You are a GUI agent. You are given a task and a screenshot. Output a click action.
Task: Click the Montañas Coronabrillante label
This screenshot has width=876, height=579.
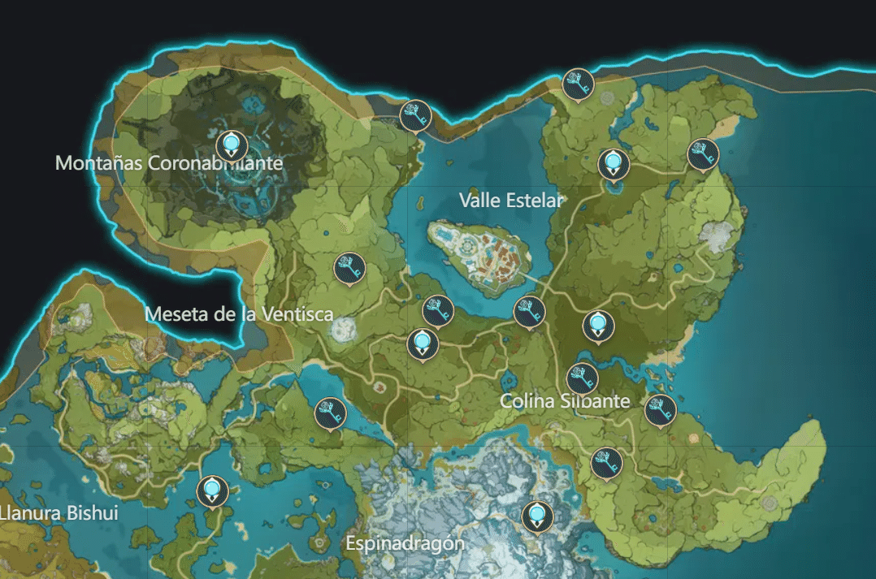point(169,163)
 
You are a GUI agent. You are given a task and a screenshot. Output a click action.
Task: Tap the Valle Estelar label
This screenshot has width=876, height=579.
point(510,200)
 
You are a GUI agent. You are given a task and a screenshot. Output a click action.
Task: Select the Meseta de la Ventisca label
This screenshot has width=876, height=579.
point(239,313)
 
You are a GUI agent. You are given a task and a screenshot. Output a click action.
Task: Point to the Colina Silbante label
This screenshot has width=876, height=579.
point(565,401)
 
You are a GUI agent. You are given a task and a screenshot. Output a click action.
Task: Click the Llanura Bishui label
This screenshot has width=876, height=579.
point(61,513)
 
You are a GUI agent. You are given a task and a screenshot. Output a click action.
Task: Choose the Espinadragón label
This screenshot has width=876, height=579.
point(405,543)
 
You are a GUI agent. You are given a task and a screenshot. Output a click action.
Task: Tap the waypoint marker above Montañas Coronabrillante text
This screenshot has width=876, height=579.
point(232,145)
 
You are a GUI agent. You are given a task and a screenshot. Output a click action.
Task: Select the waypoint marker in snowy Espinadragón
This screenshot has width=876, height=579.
point(536,516)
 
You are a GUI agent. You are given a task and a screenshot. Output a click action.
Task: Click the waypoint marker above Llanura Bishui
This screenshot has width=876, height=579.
point(212,490)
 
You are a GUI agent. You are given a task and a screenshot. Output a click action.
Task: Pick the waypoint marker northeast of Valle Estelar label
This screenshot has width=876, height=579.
point(614,163)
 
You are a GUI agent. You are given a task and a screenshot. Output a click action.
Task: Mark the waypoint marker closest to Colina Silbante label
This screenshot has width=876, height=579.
point(598,326)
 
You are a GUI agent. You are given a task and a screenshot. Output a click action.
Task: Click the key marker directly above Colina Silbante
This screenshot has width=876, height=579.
point(582,378)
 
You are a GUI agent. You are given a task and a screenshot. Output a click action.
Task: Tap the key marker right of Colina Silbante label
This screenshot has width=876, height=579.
point(660,410)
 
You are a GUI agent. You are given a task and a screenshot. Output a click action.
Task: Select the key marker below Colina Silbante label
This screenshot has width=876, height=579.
point(605,462)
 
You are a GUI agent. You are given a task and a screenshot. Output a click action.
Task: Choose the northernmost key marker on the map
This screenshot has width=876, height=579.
point(578,84)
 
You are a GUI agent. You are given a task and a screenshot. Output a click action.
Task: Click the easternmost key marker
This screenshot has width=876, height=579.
point(703,154)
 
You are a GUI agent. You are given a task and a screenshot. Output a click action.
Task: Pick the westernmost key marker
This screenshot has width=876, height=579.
point(330,413)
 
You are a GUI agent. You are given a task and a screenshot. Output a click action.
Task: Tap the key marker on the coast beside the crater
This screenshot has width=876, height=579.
point(415,115)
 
